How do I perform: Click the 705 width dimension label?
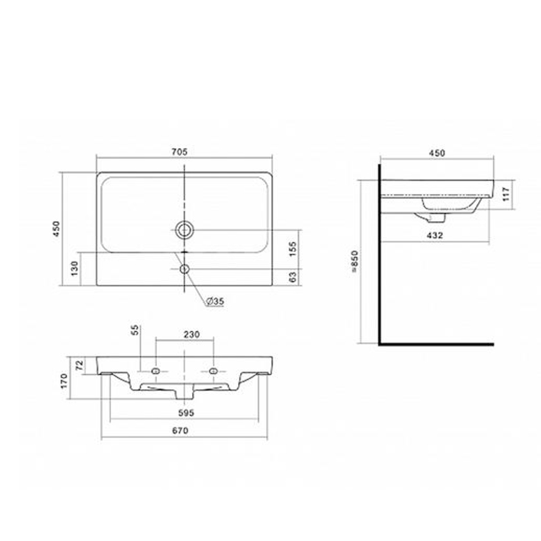[x=179, y=151]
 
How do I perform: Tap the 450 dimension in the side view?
[x=437, y=153]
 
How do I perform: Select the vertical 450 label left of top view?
[x=56, y=229]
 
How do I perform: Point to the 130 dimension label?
[x=74, y=268]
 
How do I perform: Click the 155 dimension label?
[x=293, y=249]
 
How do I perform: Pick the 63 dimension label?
[x=293, y=277]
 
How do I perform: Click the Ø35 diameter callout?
[x=215, y=301]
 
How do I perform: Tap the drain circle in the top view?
[x=185, y=230]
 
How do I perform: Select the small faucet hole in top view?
[x=185, y=268]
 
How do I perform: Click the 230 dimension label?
[x=191, y=335]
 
